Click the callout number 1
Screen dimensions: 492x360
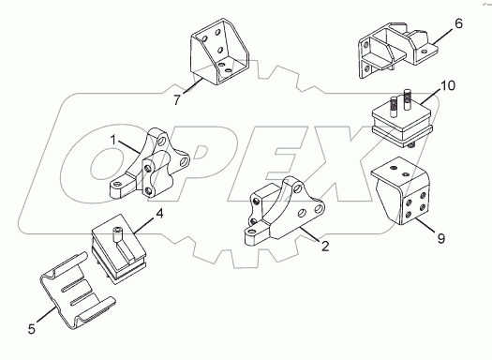[x=113, y=140]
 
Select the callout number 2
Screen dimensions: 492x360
[x=325, y=246]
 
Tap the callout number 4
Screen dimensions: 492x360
[x=159, y=214]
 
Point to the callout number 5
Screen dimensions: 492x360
[x=32, y=329]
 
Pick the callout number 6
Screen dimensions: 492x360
[x=458, y=23]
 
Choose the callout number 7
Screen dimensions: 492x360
[x=177, y=100]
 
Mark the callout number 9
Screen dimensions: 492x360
[x=441, y=238]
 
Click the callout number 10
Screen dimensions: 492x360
[x=448, y=85]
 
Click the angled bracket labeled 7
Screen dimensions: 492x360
[x=219, y=52]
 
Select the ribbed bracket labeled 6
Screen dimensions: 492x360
[x=397, y=51]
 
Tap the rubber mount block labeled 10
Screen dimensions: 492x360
[x=402, y=120]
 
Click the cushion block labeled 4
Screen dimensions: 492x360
[x=119, y=248]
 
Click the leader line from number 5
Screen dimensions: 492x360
[x=47, y=314]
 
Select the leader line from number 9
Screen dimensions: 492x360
[x=425, y=225]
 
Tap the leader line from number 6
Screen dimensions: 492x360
[x=442, y=36]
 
